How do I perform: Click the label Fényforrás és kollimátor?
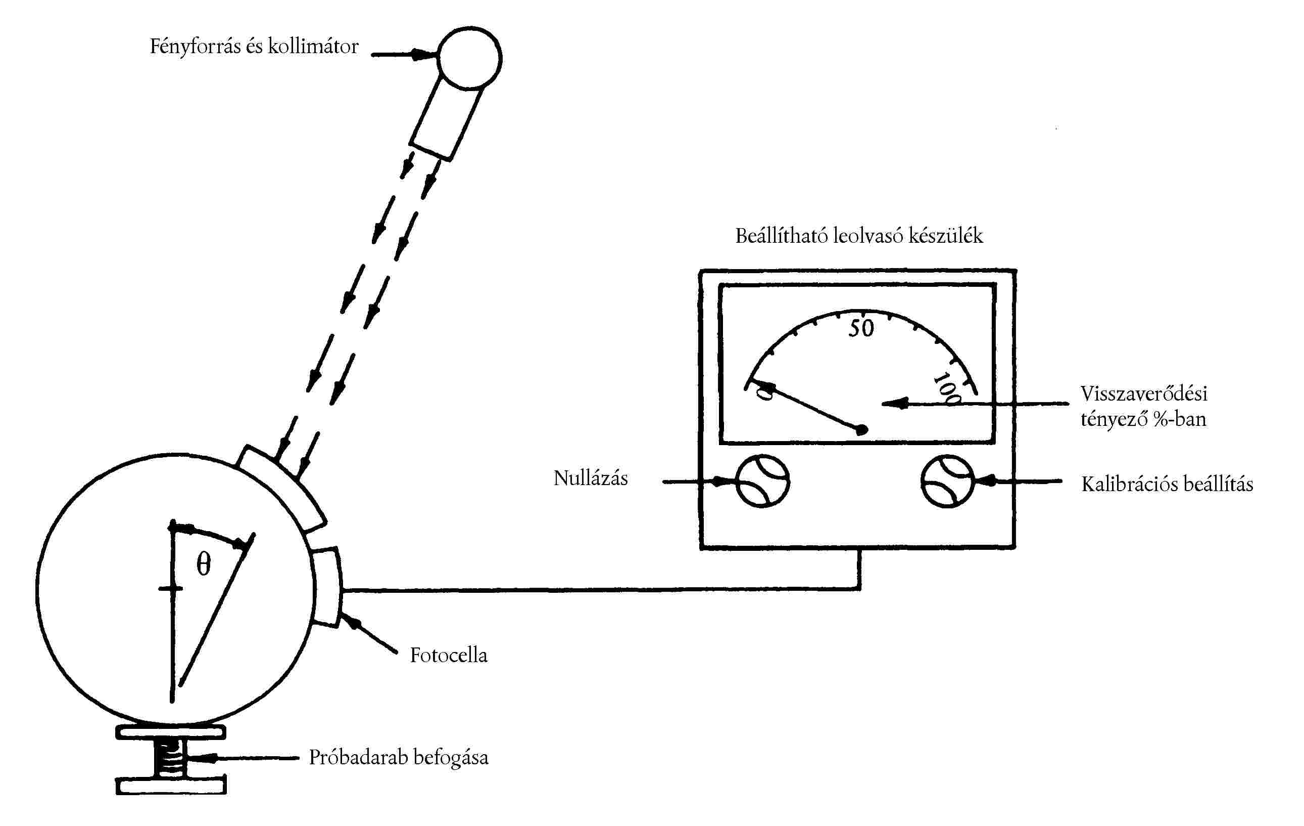coord(254,47)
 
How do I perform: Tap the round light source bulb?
coord(469,58)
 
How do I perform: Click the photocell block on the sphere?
coord(326,587)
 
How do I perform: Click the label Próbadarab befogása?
coord(399,757)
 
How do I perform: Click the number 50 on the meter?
coord(860,328)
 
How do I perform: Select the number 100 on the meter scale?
coord(947,388)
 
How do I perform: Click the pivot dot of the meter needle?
coord(860,430)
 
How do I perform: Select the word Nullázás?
coord(590,478)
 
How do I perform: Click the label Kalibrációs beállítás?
coord(1167,484)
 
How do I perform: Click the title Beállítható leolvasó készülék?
coord(859,236)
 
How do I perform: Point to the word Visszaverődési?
coord(1144,394)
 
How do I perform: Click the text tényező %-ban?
coord(1143,419)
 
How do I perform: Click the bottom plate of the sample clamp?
coord(171,786)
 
